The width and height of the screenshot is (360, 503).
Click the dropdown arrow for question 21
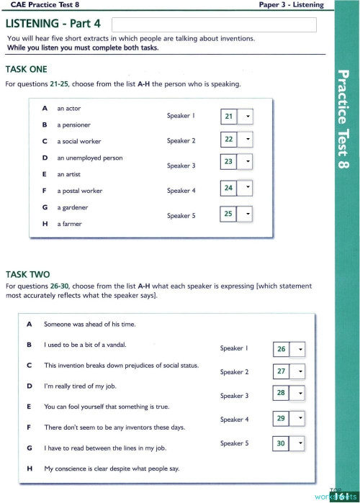point(247,116)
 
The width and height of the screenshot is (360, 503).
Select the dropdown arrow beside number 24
point(247,189)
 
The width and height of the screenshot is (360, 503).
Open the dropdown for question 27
point(301,371)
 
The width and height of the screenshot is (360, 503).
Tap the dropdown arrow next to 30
point(301,444)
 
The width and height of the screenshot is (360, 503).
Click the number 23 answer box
point(228,162)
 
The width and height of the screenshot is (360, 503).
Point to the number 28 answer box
point(282,393)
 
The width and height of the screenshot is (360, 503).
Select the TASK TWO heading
point(27,274)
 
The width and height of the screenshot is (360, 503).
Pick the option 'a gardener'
point(73,207)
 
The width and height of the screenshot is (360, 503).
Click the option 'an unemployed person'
point(90,158)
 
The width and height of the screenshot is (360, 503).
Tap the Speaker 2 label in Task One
point(181,141)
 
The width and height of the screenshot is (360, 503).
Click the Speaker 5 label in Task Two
point(234,443)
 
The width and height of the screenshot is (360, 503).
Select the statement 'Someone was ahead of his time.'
point(90,324)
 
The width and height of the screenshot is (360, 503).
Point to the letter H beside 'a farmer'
point(45,224)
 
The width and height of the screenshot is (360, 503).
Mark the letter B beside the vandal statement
point(30,345)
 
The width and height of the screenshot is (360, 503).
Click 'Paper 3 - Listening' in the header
point(291,5)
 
